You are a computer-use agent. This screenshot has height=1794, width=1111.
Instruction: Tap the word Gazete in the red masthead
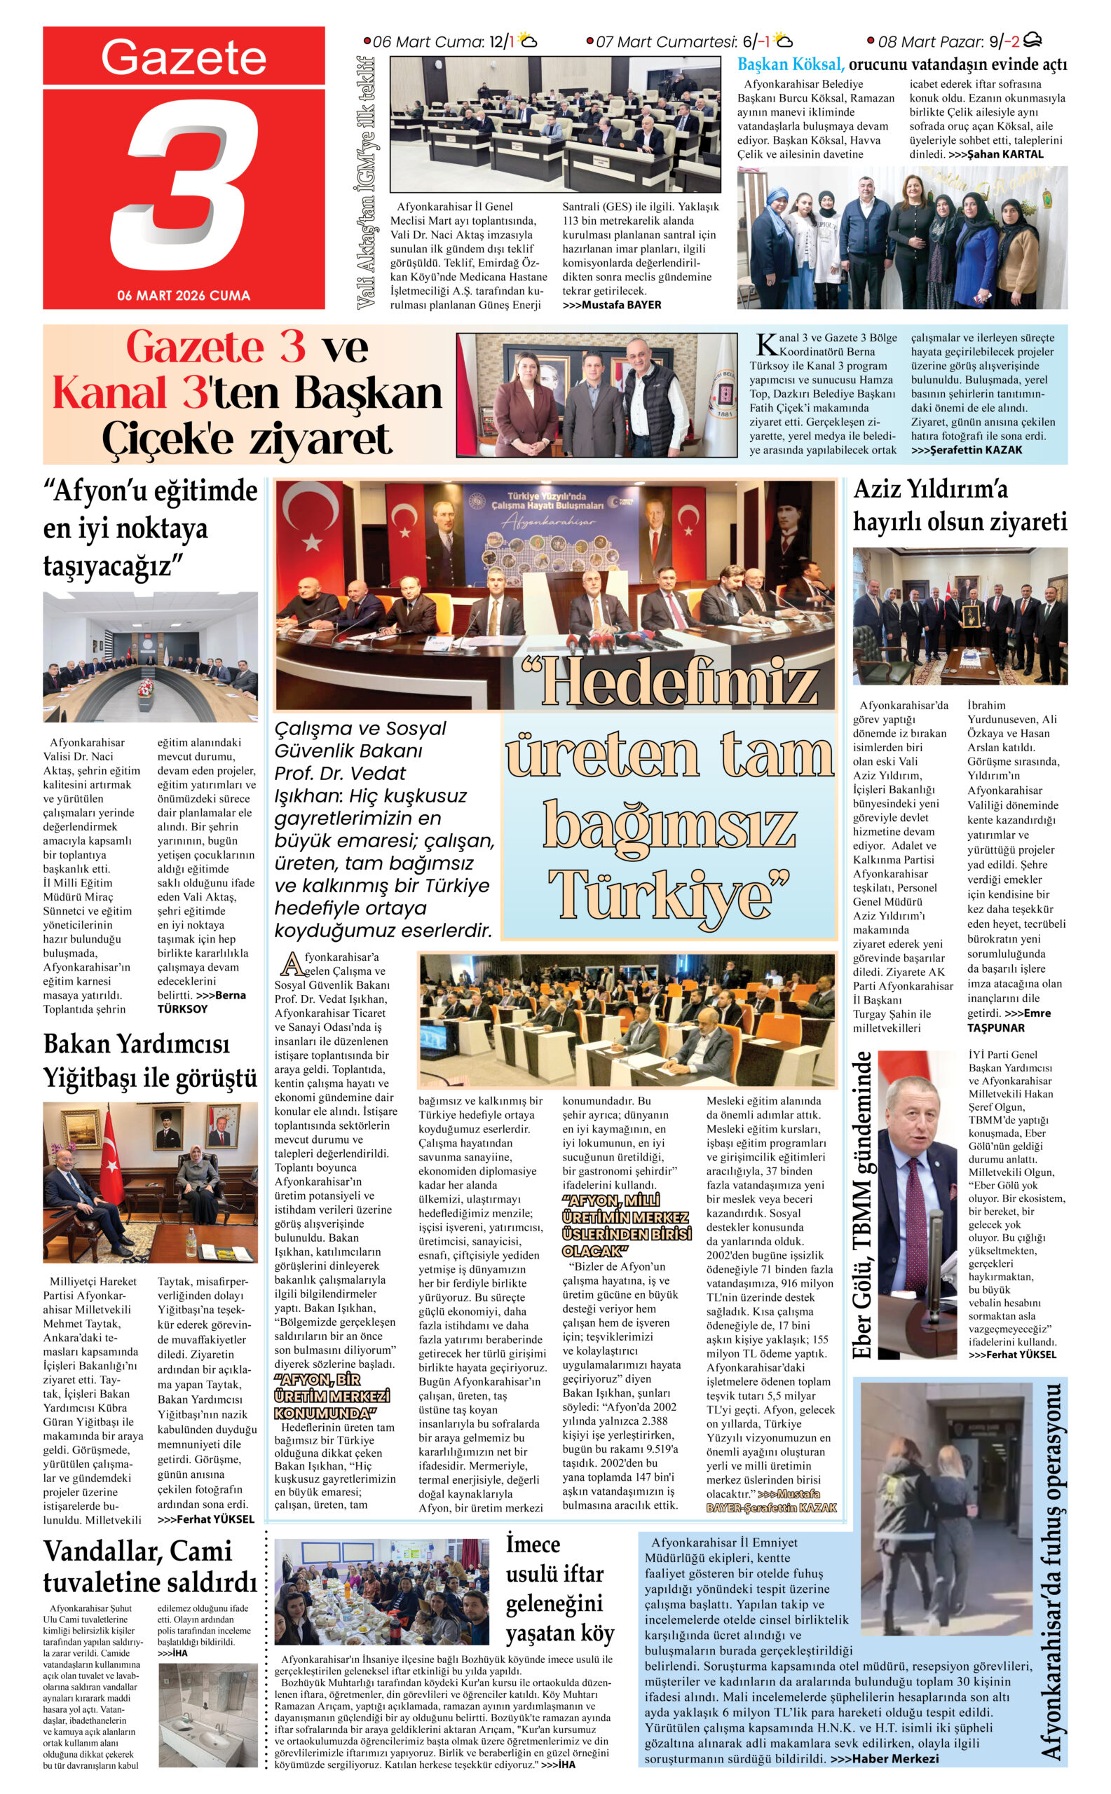(184, 57)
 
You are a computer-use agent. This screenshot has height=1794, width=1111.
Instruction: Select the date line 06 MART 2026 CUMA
(184, 295)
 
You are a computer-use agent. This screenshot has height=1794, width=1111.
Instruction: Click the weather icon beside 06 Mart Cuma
(529, 41)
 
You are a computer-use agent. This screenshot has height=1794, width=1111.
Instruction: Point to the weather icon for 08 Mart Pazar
(1032, 41)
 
